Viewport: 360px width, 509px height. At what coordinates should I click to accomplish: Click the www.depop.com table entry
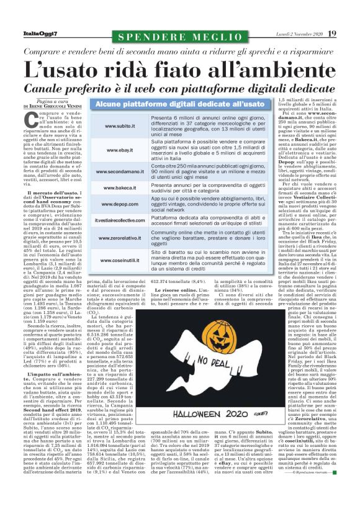[117, 204]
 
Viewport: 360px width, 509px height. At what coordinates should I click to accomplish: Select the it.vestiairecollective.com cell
[117, 220]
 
